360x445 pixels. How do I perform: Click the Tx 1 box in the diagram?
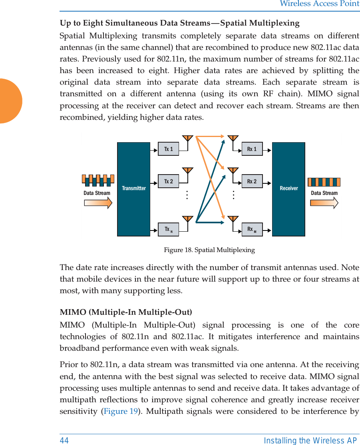point(168,149)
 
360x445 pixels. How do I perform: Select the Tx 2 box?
point(168,181)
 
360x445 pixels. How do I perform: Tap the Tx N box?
point(168,230)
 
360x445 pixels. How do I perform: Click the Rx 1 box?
point(252,149)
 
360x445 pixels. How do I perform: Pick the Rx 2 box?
point(252,181)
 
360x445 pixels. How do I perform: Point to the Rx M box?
point(252,230)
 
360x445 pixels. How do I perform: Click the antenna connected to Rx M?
point(233,219)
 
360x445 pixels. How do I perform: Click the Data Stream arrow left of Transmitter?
point(98,203)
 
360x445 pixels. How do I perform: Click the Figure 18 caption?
point(209,250)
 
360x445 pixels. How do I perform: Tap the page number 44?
point(64,441)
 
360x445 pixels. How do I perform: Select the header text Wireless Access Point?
point(319,4)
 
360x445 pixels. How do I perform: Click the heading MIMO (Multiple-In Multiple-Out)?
point(125,312)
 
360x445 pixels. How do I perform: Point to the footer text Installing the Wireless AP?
point(310,441)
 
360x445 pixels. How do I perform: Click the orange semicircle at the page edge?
point(10,101)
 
